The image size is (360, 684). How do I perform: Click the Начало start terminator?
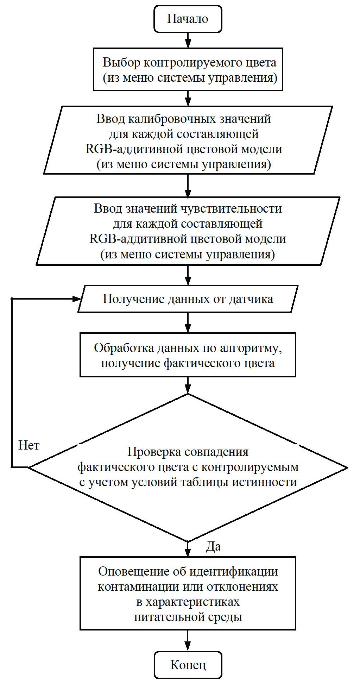(188, 19)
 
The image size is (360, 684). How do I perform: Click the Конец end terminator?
(188, 665)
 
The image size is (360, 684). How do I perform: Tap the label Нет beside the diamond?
(29, 446)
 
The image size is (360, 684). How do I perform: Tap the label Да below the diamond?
(213, 547)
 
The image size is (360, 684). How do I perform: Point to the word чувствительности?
(231, 208)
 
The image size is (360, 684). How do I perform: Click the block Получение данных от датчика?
(188, 299)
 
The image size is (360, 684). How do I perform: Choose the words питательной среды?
(188, 617)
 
